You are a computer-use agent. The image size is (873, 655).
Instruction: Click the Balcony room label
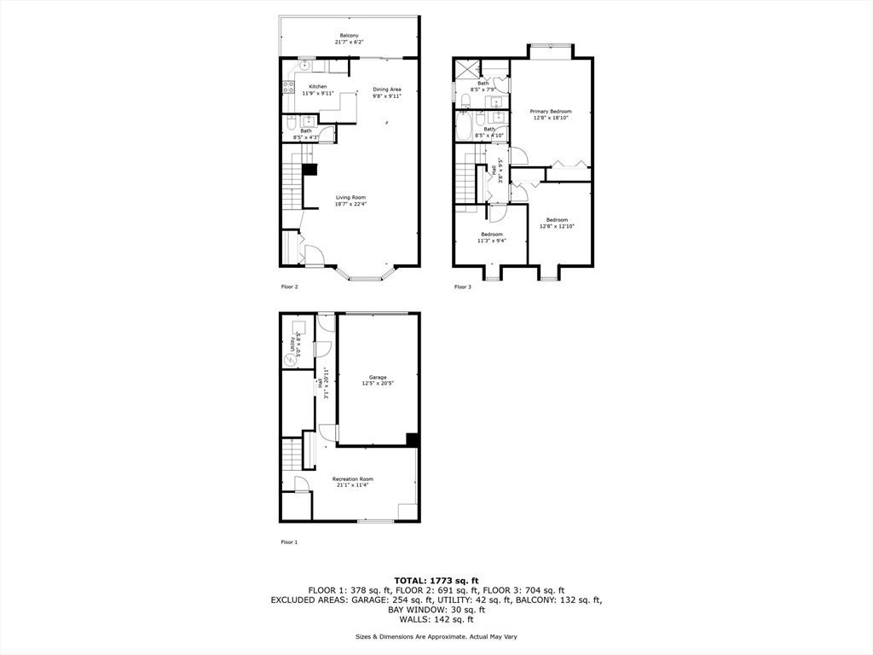coord(350,37)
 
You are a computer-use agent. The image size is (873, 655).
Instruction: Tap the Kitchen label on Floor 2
coord(317,87)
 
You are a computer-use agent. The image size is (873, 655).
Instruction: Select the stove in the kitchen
coord(288,86)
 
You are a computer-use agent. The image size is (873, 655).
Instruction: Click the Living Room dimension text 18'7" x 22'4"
coord(350,204)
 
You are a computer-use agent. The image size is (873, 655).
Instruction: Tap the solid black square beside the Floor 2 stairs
coord(309,169)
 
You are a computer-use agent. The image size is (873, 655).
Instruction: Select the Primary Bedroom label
coord(550,112)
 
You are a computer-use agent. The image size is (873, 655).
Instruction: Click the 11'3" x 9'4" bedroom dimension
coord(491,241)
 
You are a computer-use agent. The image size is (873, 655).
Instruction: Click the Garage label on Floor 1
coord(378,377)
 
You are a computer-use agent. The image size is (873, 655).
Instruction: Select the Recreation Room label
coord(352,479)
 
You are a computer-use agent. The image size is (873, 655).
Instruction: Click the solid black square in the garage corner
coord(413,439)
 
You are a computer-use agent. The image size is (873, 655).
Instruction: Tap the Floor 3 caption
coord(462,287)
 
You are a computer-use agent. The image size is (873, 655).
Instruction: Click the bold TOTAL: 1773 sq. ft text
coord(436,580)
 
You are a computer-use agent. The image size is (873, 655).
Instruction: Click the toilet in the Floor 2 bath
coord(291,133)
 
